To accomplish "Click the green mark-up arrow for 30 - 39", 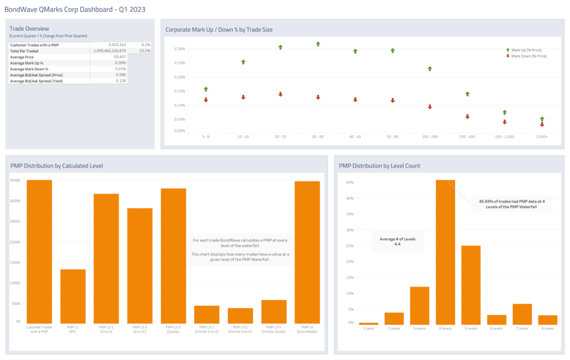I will [318, 43].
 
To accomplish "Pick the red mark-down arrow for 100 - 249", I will [430, 107].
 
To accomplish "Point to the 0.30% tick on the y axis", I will [180, 48].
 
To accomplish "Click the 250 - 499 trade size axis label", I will [467, 136].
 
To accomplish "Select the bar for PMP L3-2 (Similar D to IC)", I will [240, 315].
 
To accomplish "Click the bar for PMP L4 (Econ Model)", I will [307, 251].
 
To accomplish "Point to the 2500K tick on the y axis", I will [16, 221].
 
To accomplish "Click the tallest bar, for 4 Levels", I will [445, 251].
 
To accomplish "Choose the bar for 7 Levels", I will [522, 314].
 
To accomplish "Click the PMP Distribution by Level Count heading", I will [379, 166].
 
